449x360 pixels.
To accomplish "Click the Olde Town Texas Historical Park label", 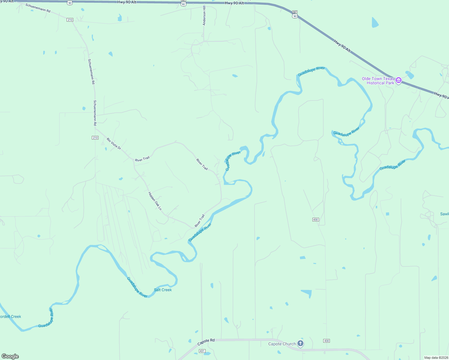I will [x=378, y=81].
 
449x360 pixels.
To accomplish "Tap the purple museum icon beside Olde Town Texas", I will [x=399, y=80].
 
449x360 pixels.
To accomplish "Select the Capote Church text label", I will [x=282, y=344].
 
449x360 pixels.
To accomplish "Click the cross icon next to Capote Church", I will [x=300, y=344].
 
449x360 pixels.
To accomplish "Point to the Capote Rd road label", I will [x=206, y=342].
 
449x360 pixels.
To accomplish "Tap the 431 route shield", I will [x=202, y=351].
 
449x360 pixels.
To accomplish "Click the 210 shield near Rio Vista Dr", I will [x=95, y=138].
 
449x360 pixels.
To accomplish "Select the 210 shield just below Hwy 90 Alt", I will [x=70, y=20].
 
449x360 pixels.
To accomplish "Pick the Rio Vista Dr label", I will [x=114, y=144].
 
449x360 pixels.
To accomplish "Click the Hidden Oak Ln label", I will [x=155, y=201].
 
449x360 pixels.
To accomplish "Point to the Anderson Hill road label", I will [x=204, y=15].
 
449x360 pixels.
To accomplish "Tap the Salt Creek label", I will [x=163, y=290].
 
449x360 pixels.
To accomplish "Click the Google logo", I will [x=10, y=356].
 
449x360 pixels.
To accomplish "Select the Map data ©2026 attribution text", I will [x=436, y=358].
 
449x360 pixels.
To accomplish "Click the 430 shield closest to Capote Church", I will [x=327, y=341].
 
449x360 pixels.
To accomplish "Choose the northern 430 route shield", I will [x=315, y=220].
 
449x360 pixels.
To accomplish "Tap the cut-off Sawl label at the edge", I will [x=444, y=214].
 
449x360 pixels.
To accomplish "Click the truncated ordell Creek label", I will [x=11, y=316].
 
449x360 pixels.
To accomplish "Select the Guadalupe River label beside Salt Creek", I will [x=137, y=287].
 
